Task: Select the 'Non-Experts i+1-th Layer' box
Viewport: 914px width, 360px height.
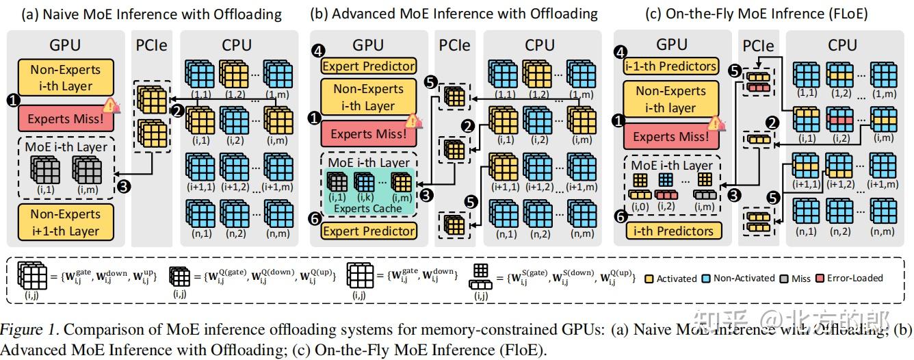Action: point(65,222)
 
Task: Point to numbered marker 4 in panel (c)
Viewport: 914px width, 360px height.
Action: point(620,53)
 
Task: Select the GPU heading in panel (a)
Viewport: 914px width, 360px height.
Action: point(65,45)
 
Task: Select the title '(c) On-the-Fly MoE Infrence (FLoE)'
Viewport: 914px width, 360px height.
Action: point(757,13)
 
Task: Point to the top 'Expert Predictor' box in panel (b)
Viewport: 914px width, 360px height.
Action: point(369,66)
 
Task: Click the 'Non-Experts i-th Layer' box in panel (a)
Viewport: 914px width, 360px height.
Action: point(65,77)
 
